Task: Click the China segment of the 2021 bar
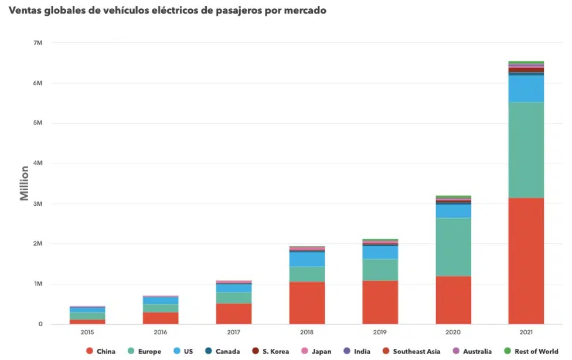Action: coord(526,261)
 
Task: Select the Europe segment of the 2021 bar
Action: coord(526,150)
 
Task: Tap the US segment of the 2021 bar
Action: coord(526,89)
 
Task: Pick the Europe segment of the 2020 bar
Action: coord(453,247)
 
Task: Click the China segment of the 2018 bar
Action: coord(307,303)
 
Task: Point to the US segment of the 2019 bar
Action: coord(380,252)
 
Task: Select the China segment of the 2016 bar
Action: coord(161,318)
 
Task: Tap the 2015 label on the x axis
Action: coord(87,332)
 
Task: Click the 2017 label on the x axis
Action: coord(234,332)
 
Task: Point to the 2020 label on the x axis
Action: coord(453,332)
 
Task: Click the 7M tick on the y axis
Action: coord(38,43)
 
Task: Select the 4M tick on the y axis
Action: coord(38,163)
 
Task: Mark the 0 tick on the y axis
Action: coord(40,324)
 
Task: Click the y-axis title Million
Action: coord(24,183)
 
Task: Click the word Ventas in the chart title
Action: coord(25,11)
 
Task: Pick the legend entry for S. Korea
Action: coord(271,352)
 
